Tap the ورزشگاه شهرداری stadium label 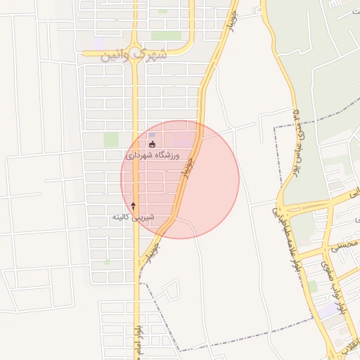tap(153, 155)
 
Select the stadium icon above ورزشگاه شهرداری tap(152, 144)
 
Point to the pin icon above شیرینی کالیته tap(133, 206)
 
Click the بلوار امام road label tap(139, 337)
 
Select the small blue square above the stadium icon tap(152, 134)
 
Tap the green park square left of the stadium tap(111, 139)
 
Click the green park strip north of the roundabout tap(166, 35)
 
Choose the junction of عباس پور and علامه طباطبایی tap(281, 204)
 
